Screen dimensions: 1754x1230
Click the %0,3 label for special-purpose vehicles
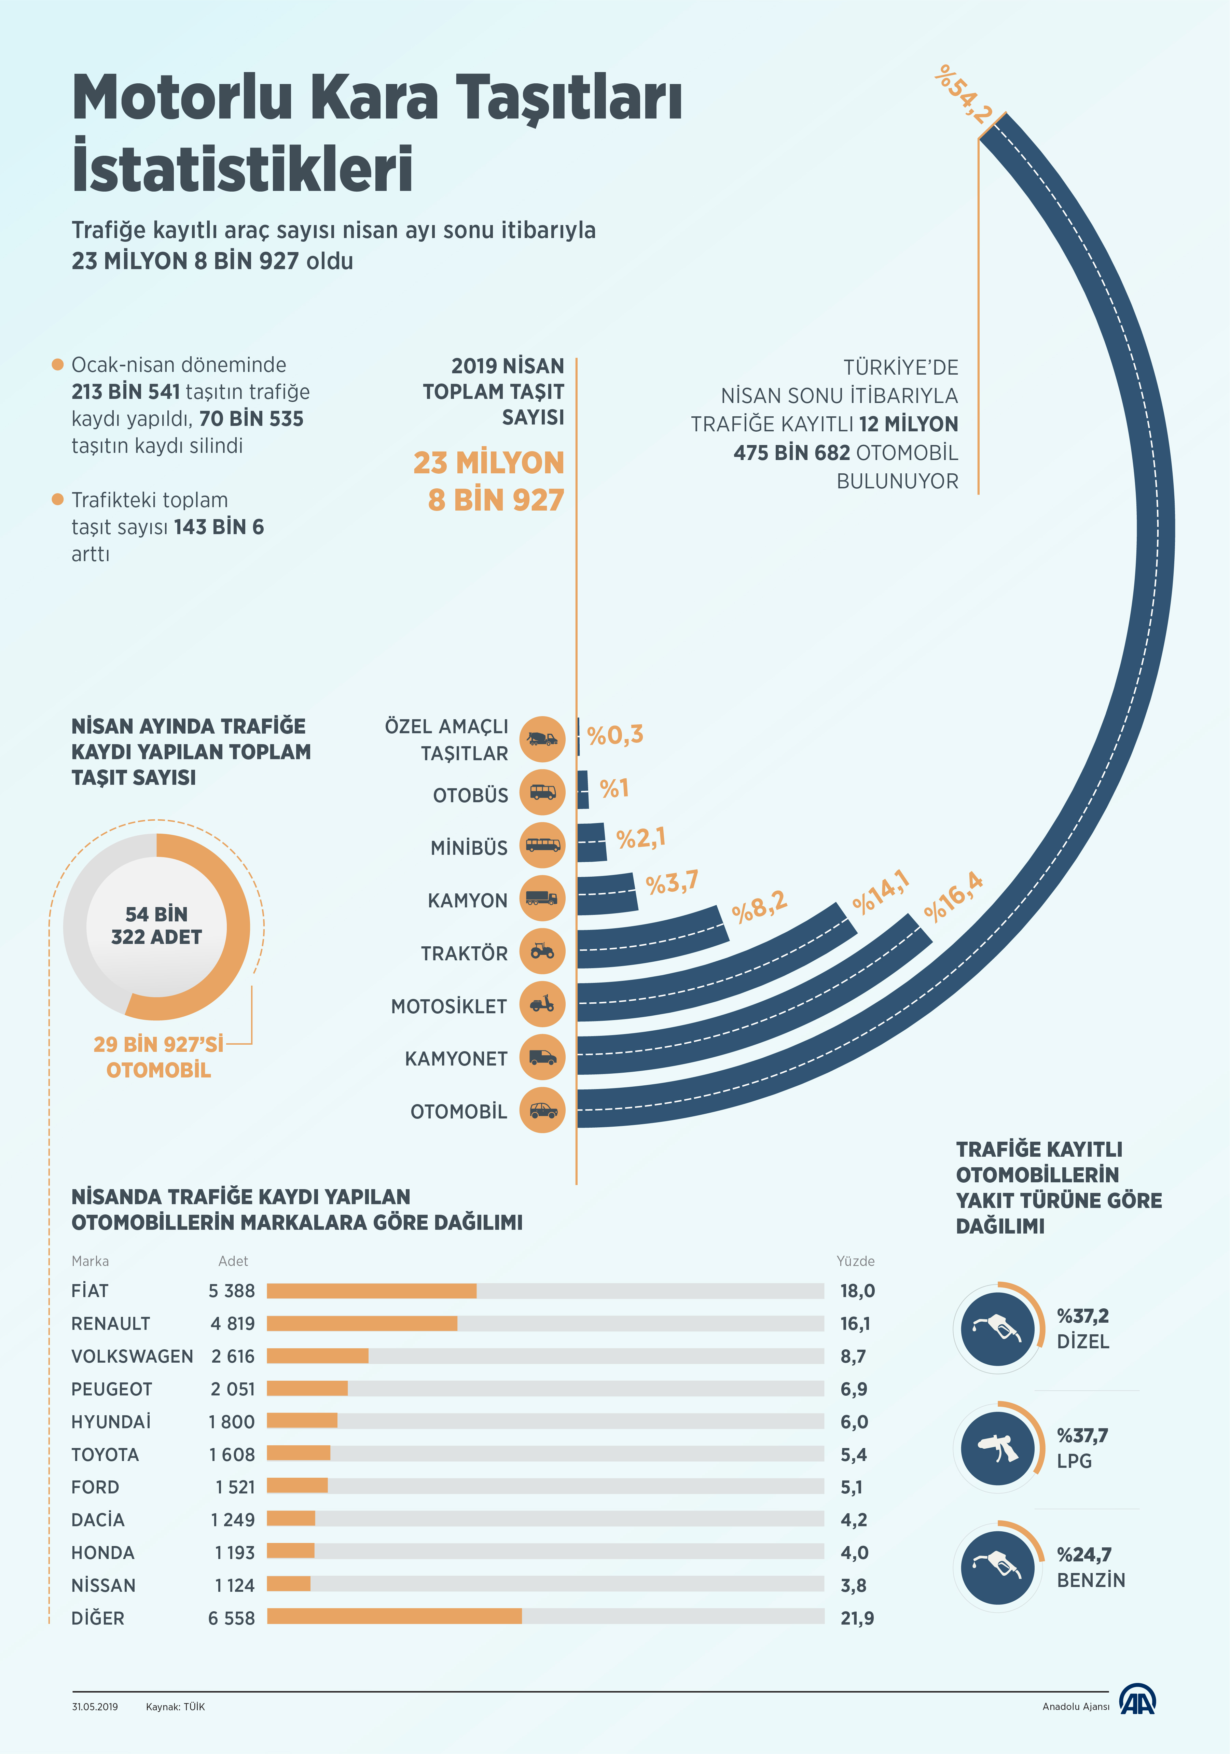tap(615, 735)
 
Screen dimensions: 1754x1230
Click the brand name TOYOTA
tap(106, 1454)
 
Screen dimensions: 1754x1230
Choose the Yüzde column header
tap(855, 1261)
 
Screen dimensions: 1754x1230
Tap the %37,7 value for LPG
tap(1082, 1435)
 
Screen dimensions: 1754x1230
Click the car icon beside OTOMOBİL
tap(542, 1110)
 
